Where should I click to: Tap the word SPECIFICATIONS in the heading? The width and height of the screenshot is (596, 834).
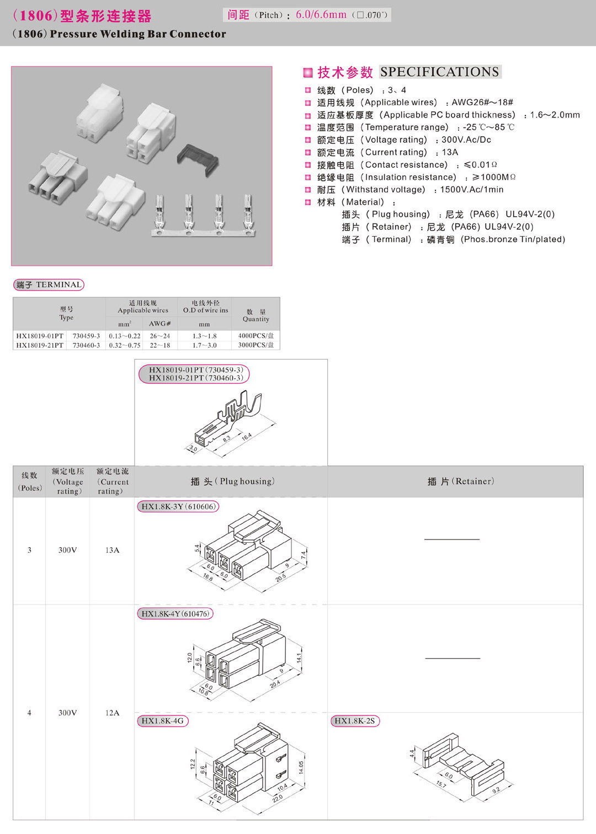pyautogui.click(x=439, y=72)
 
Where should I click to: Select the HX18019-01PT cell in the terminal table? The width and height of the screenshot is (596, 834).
pyautogui.click(x=40, y=336)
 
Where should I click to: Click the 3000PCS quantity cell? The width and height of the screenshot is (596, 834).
pyautogui.click(x=256, y=345)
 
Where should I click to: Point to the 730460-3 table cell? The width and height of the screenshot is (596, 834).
pyautogui.click(x=86, y=345)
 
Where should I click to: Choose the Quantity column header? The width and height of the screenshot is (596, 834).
pyautogui.click(x=256, y=316)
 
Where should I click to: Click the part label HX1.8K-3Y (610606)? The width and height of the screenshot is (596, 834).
pyautogui.click(x=178, y=506)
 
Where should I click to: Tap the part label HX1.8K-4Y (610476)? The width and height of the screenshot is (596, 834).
pyautogui.click(x=175, y=613)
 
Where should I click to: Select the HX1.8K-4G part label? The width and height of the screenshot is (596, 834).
pyautogui.click(x=162, y=721)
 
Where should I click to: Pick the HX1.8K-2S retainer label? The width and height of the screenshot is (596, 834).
pyautogui.click(x=355, y=721)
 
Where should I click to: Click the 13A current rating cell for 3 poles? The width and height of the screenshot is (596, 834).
pyautogui.click(x=112, y=550)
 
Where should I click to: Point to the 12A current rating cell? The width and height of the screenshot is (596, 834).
pyautogui.click(x=112, y=713)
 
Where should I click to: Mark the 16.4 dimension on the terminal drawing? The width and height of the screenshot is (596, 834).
pyautogui.click(x=247, y=436)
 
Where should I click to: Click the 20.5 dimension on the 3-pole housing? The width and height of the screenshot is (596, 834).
pyautogui.click(x=281, y=578)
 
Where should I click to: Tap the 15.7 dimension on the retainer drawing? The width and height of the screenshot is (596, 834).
pyautogui.click(x=441, y=784)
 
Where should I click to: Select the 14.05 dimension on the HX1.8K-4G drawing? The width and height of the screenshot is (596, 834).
pyautogui.click(x=301, y=767)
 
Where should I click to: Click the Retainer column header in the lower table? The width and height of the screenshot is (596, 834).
pyautogui.click(x=461, y=482)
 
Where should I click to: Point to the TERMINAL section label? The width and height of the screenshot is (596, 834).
pyautogui.click(x=49, y=285)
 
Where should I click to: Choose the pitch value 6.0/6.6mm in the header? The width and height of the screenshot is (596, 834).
pyautogui.click(x=321, y=15)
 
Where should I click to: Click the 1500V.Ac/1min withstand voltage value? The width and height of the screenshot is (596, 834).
pyautogui.click(x=471, y=190)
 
